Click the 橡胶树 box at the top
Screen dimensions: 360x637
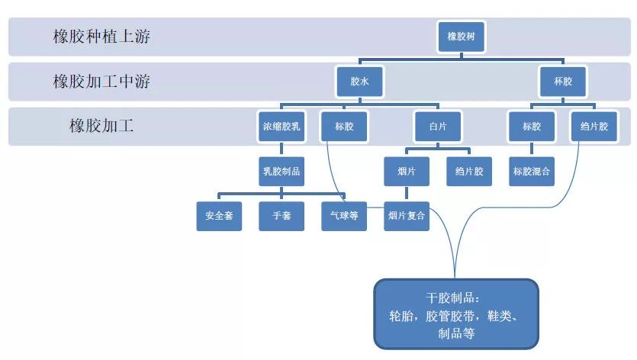click(x=462, y=36)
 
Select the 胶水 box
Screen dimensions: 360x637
click(x=359, y=82)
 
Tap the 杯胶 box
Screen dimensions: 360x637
click(x=562, y=82)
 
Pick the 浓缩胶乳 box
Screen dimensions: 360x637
click(x=281, y=127)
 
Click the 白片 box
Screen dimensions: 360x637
click(x=437, y=127)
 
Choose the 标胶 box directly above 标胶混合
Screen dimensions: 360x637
click(x=532, y=127)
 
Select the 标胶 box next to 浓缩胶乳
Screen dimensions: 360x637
click(x=344, y=127)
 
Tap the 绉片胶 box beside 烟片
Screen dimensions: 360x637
click(x=469, y=172)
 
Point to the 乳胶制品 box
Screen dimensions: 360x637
click(x=281, y=172)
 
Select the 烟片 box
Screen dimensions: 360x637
click(x=406, y=172)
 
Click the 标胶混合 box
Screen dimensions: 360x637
click(x=532, y=172)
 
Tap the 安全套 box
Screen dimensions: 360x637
click(x=219, y=216)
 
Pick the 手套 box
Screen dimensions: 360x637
click(x=282, y=216)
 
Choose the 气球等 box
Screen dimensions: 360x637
click(x=344, y=216)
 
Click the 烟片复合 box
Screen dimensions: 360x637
click(x=406, y=216)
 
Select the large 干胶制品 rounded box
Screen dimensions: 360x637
click(x=456, y=313)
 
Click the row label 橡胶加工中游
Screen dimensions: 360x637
click(x=101, y=82)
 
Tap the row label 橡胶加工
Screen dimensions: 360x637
click(x=101, y=126)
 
